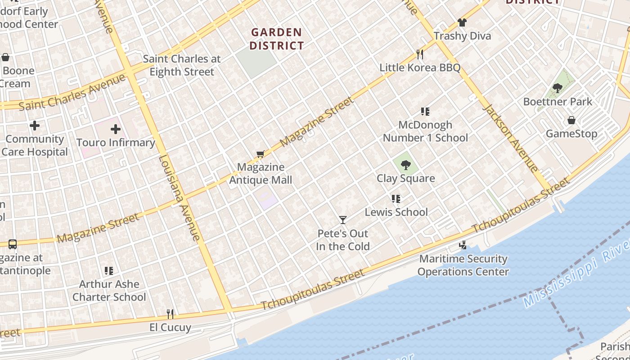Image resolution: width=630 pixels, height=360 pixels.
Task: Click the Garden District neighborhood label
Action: pos(277,39)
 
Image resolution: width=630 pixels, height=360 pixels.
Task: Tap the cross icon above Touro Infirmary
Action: pos(116,130)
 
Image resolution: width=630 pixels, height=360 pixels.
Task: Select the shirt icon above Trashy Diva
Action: pos(462,22)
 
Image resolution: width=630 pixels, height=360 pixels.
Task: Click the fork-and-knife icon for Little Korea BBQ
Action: pos(420,54)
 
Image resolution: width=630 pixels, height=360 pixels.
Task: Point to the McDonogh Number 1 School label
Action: pos(425,131)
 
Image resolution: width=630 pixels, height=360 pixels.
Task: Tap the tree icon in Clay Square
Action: pos(406,165)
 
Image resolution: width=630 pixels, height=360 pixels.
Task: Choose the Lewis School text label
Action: pos(396,212)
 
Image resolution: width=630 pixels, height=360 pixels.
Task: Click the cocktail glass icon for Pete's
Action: pos(343,220)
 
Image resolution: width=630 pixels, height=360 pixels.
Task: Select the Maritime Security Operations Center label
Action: pos(463,265)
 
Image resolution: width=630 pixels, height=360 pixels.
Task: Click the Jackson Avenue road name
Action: pos(510,138)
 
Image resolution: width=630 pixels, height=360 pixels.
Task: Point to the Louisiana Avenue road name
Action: pos(179,198)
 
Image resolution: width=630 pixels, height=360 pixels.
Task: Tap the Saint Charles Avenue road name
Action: pos(72,92)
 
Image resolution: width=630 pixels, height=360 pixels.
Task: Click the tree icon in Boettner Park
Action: pos(558,88)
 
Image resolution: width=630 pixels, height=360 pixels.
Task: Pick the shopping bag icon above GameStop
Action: pos(571,120)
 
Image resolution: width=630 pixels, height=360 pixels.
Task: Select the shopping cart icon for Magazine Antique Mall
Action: pos(261,154)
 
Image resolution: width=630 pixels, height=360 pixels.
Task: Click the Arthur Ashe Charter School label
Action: pos(109,290)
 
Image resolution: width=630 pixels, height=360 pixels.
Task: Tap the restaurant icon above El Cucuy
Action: pos(170,313)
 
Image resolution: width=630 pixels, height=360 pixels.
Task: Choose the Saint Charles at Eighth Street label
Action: pos(182,65)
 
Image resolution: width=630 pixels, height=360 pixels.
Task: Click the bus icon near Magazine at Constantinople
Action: pos(13,244)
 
